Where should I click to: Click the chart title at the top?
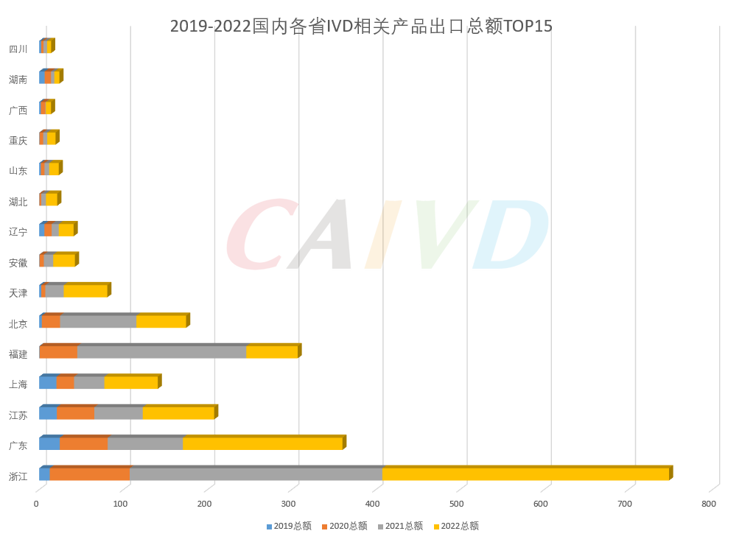[361, 27]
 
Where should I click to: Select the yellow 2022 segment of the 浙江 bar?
[525, 474]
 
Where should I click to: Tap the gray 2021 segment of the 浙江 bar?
[256, 474]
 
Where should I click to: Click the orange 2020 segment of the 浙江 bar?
[89, 474]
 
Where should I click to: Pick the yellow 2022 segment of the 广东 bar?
[262, 443]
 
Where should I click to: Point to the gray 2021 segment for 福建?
[161, 352]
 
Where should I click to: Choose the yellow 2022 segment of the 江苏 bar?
[178, 413]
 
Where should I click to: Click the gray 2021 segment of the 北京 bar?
[98, 322]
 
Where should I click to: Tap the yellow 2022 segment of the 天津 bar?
[85, 291]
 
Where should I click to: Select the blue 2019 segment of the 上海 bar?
[48, 382]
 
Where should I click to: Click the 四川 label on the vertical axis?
[18, 49]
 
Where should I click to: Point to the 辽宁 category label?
[18, 232]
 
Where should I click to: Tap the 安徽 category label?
[18, 263]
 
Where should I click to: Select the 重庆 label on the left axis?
[18, 141]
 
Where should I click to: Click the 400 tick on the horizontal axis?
[373, 504]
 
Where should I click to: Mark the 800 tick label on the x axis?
[709, 504]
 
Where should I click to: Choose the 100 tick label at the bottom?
[120, 504]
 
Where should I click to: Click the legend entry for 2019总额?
[289, 526]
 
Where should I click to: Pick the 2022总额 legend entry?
[456, 526]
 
